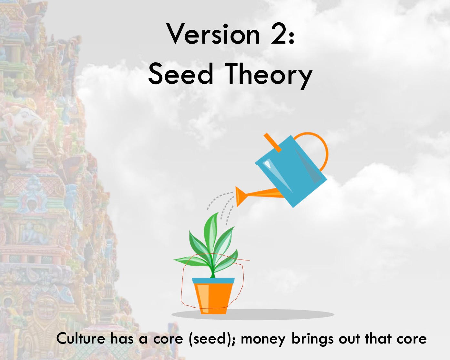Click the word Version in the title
coord(213,34)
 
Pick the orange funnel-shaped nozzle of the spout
coord(240,196)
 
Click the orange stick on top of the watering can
coord(272,142)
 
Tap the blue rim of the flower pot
coord(213,281)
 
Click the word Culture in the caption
coord(81,339)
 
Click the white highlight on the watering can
coord(268,165)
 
